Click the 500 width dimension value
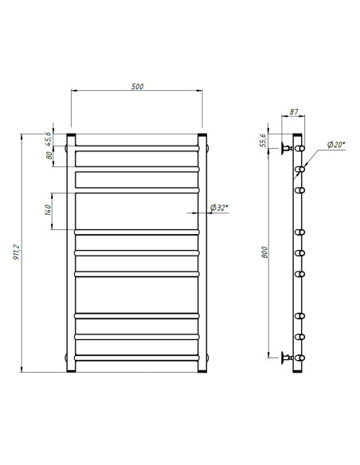pyautogui.click(x=137, y=86)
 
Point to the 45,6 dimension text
pyautogui.click(x=49, y=138)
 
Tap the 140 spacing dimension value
pyautogui.click(x=49, y=211)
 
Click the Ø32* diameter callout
pyautogui.click(x=219, y=208)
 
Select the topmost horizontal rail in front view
pyautogui.click(x=137, y=147)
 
